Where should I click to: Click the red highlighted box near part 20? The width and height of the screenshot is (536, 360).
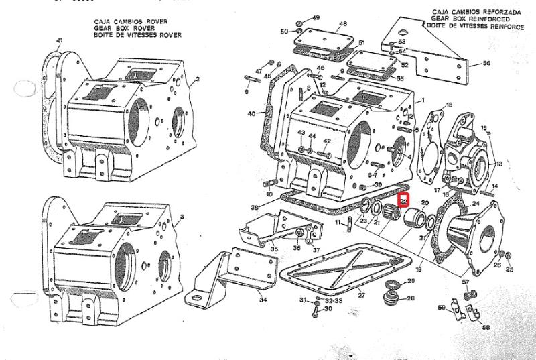[403, 200]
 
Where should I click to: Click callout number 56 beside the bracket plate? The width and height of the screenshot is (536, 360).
[487, 64]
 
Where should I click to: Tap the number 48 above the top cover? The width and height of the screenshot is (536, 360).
[343, 24]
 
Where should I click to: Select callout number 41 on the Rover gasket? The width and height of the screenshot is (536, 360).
[60, 41]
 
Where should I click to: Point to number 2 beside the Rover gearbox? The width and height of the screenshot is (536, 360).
[198, 79]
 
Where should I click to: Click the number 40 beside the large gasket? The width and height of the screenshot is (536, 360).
[251, 114]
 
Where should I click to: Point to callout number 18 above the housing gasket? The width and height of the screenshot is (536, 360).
[449, 105]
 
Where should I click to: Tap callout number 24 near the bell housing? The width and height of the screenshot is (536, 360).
[476, 203]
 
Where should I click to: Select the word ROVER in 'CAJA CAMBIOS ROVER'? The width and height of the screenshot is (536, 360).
[153, 22]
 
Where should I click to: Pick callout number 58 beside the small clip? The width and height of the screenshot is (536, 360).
[486, 328]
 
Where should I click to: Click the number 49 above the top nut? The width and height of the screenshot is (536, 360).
[316, 17]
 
